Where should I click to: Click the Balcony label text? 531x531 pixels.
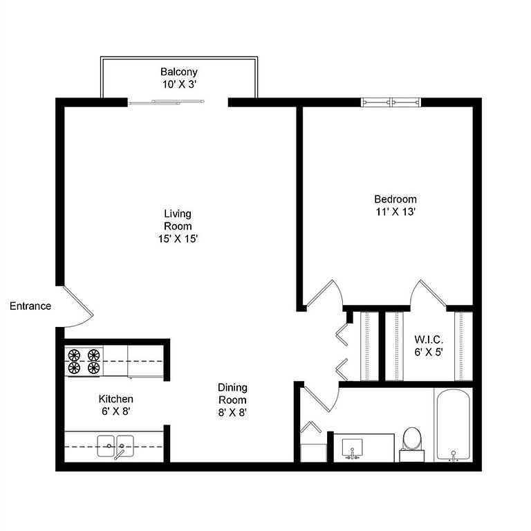(179, 72)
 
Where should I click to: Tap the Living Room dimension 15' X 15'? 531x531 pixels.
(178, 239)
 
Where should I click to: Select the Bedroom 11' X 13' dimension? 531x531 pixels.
(395, 212)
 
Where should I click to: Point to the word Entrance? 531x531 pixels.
(30, 306)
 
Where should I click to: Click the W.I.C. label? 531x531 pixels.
(429, 339)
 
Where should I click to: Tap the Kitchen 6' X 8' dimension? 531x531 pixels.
(116, 411)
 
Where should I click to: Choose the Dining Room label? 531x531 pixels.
(232, 393)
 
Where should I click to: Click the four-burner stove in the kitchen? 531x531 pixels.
(84, 361)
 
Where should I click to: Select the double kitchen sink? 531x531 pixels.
(115, 447)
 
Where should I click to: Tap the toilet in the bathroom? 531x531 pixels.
(412, 444)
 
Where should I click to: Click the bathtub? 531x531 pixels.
(453, 425)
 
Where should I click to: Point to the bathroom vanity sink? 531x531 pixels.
(352, 449)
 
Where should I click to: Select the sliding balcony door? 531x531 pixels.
(166, 102)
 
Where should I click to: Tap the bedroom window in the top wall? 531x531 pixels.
(391, 102)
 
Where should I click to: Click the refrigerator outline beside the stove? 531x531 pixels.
(146, 362)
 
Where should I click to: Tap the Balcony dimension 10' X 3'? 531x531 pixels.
(180, 84)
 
